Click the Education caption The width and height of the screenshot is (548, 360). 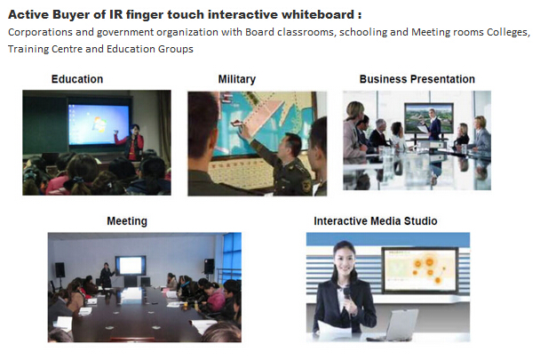pos(77,79)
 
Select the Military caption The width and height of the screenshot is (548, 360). pos(237,79)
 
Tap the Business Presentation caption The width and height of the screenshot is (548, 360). pos(417,79)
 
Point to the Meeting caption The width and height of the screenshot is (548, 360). pos(127,221)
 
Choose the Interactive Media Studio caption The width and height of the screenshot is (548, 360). pos(376,221)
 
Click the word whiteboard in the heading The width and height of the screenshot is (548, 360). pos(318,15)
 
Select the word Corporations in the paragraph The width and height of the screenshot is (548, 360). pos(40,32)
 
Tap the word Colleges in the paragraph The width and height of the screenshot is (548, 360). pos(509,32)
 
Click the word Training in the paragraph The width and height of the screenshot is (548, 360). pos(28,49)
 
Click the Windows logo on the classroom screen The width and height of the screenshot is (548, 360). pos(98,124)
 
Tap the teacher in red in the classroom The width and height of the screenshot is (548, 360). pos(133,142)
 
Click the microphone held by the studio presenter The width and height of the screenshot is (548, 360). pos(346,294)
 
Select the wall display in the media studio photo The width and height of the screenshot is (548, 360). pos(420,270)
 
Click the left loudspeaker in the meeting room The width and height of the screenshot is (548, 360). pos(60,269)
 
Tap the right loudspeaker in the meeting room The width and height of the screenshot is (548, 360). pos(210,266)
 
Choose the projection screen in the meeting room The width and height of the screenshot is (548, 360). pos(131,266)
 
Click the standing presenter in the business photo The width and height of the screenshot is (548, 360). pos(433,125)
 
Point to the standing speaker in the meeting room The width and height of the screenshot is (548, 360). pos(106,275)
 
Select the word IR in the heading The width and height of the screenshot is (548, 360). pos(115,15)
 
